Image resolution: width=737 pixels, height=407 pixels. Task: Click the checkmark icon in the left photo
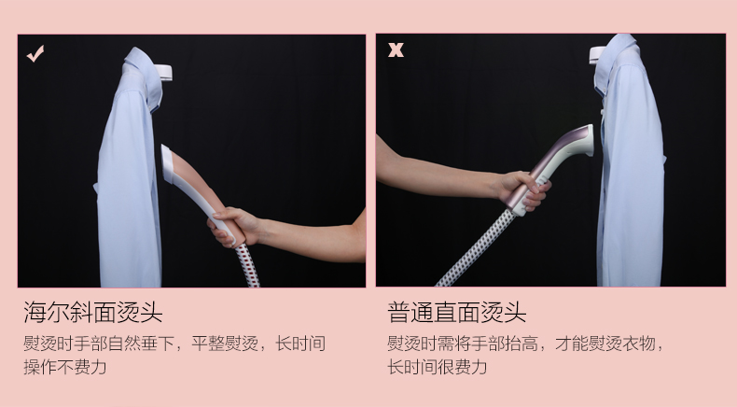point(35,53)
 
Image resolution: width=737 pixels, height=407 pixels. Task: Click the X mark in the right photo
point(396,49)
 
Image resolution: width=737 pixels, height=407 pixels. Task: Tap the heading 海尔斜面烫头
point(93,312)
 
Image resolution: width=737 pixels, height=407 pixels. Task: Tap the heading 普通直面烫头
point(457,312)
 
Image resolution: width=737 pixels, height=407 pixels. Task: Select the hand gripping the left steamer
point(233,226)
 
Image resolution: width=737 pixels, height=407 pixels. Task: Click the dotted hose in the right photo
point(475,249)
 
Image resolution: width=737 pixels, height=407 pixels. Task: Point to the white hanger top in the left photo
point(162,73)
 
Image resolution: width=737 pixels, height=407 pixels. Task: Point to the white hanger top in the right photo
point(597,53)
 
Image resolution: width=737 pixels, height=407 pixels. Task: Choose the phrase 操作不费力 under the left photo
point(65,367)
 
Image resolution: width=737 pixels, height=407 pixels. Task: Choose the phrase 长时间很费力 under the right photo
point(438,367)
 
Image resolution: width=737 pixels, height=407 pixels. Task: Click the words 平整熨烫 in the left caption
point(225,344)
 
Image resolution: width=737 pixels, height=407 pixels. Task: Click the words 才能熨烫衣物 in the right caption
point(605,344)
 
